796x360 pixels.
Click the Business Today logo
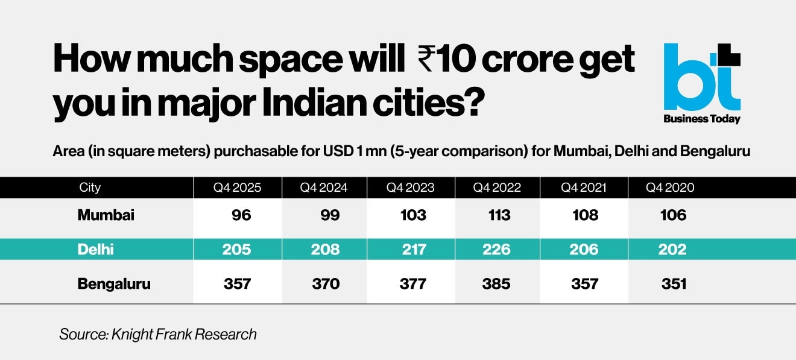click(702, 83)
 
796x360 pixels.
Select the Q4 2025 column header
click(237, 188)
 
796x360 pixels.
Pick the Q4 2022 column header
click(496, 188)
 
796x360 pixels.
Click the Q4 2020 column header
click(670, 188)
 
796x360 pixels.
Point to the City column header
click(90, 188)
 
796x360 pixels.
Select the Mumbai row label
click(106, 215)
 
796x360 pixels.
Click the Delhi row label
click(95, 250)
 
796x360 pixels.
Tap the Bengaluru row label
click(114, 283)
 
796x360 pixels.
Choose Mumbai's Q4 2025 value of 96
click(237, 215)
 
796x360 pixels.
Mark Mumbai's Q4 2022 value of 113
click(496, 215)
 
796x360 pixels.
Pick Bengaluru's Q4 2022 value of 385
click(496, 283)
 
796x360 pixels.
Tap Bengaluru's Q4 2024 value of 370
click(326, 283)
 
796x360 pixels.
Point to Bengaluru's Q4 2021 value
click(584, 283)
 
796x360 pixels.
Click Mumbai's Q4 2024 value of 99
click(326, 215)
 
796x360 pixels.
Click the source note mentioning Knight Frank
click(158, 334)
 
